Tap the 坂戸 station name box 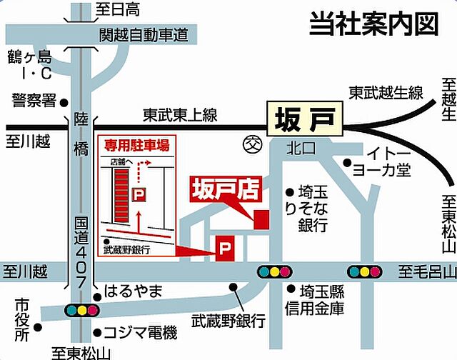[x=304, y=119]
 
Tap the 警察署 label [x=34, y=101]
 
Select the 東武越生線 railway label [x=386, y=93]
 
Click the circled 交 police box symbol [x=251, y=143]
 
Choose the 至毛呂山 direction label [x=426, y=271]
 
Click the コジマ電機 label [x=139, y=332]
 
